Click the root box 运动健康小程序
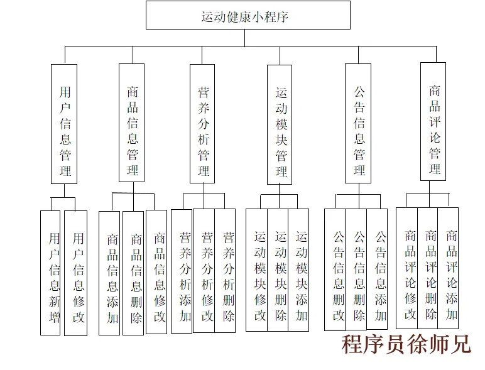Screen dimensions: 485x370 pyautogui.click(x=248, y=15)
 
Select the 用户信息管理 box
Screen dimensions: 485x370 pyautogui.click(x=64, y=124)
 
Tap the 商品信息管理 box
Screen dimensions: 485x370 pyautogui.click(x=131, y=124)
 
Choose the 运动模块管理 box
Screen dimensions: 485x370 pyautogui.click(x=280, y=124)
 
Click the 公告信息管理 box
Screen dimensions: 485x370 pyautogui.click(x=358, y=124)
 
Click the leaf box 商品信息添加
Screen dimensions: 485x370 pyautogui.click(x=110, y=273)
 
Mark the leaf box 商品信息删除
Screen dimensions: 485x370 pyautogui.click(x=133, y=273)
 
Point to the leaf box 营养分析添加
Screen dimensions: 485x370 pyautogui.click(x=182, y=271)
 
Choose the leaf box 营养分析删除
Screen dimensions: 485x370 pyautogui.click(x=226, y=271)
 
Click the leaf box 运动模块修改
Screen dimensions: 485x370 pyautogui.click(x=257, y=270)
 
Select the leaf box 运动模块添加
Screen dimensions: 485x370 pyautogui.click(x=299, y=270)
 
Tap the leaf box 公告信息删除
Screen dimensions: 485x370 pyautogui.click(x=356, y=270)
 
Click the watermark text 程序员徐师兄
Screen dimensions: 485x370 pyautogui.click(x=405, y=344)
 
